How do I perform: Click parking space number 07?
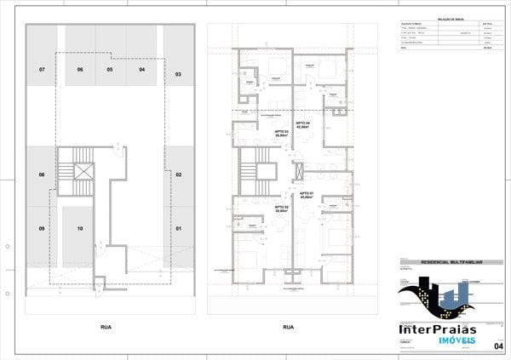41,68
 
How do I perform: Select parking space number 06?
80,68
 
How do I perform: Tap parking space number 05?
110,68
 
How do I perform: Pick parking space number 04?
141,68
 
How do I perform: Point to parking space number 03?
178,75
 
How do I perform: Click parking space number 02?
179,174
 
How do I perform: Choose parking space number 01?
179,228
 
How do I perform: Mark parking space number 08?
41,174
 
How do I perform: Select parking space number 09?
41,228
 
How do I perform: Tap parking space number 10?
78,228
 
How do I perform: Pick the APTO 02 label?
281,208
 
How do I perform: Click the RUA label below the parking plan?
106,327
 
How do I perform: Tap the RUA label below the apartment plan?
288,327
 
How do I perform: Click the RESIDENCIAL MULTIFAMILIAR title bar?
450,264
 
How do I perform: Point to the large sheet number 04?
499,345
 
